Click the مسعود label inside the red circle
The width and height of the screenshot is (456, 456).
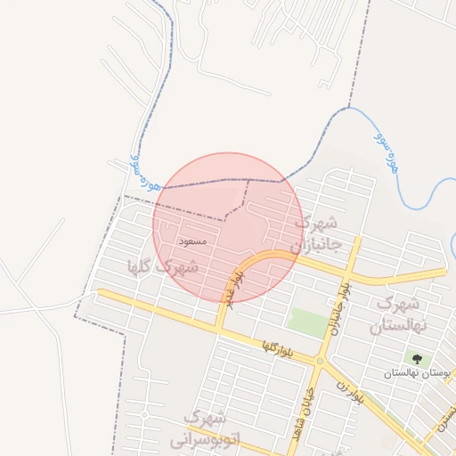pos(192,241)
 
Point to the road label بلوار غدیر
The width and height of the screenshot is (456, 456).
pos(244,288)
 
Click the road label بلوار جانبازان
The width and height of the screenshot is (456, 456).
pos(339,305)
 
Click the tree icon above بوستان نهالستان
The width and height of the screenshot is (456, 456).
pos(417,359)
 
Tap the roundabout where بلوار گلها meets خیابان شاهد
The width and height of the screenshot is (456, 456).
pos(320,361)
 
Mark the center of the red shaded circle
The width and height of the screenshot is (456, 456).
pos(227,227)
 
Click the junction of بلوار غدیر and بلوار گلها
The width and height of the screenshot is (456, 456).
pos(219,329)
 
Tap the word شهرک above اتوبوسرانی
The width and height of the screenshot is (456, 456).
pos(206,417)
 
